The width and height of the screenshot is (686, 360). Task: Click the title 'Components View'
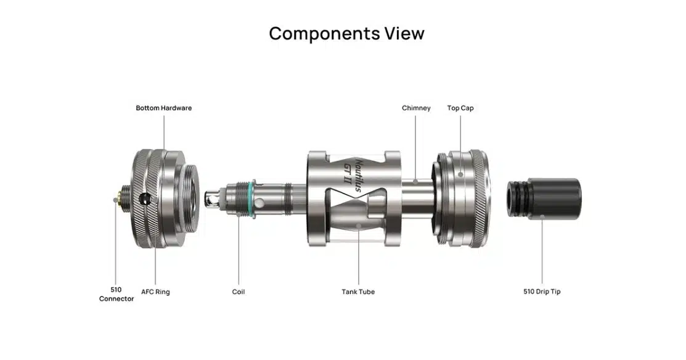pyautogui.click(x=346, y=34)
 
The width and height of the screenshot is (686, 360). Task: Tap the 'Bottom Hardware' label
pyautogui.click(x=163, y=108)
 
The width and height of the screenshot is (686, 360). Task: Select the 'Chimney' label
pyautogui.click(x=416, y=108)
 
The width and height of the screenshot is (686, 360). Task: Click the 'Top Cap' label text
pyautogui.click(x=460, y=108)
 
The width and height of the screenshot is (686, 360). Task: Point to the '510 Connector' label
pyautogui.click(x=116, y=294)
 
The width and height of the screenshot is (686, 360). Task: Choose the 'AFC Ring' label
pyautogui.click(x=155, y=292)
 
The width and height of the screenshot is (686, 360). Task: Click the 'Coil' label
pyautogui.click(x=239, y=292)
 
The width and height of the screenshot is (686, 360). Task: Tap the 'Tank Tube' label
pyautogui.click(x=358, y=292)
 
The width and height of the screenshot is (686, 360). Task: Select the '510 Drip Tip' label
pyautogui.click(x=542, y=292)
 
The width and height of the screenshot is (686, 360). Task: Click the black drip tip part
pyautogui.click(x=544, y=198)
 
